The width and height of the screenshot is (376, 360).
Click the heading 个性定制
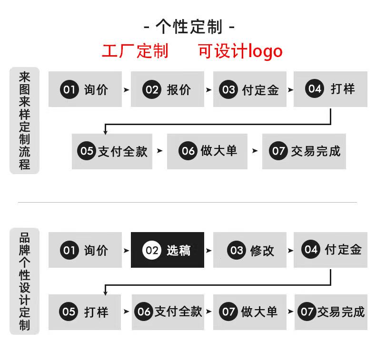(x=189, y=27)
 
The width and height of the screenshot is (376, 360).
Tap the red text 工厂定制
(x=135, y=51)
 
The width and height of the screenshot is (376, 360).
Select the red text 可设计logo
(x=240, y=51)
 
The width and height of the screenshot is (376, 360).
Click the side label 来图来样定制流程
(x=24, y=120)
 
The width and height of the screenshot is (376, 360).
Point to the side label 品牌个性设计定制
(x=24, y=281)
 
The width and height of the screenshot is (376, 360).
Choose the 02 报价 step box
(x=168, y=89)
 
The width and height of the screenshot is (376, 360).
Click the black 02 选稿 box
(x=168, y=250)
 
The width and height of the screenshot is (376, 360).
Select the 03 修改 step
(x=249, y=250)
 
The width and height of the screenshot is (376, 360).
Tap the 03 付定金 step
(x=249, y=89)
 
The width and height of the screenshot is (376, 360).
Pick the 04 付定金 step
(x=330, y=250)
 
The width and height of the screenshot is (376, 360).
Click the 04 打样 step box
(x=330, y=89)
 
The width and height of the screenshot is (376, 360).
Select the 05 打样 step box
(x=85, y=312)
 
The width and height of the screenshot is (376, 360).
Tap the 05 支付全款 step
(x=112, y=151)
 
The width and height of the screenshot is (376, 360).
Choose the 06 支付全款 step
(x=168, y=312)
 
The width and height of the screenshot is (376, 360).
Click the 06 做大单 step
(x=207, y=151)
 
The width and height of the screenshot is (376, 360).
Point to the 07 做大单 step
(x=249, y=312)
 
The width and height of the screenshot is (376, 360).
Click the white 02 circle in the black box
(x=151, y=250)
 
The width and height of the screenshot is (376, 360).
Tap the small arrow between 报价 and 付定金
(x=208, y=90)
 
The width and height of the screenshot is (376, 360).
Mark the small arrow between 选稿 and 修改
(x=208, y=251)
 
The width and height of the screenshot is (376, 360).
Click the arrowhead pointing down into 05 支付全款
(x=105, y=132)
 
